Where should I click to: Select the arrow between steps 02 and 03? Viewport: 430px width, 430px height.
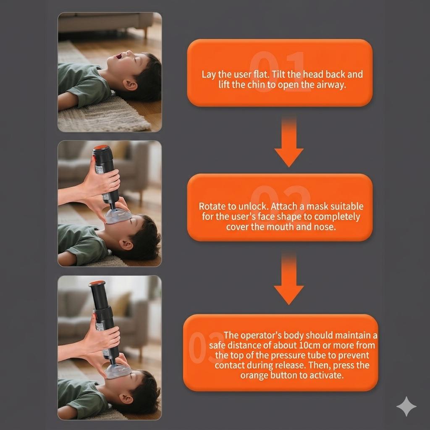tap(289, 278)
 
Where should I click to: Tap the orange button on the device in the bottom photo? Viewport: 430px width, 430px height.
tap(97, 283)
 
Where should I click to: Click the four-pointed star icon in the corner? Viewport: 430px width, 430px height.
tap(406, 406)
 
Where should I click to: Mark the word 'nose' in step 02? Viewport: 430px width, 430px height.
tap(324, 227)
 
